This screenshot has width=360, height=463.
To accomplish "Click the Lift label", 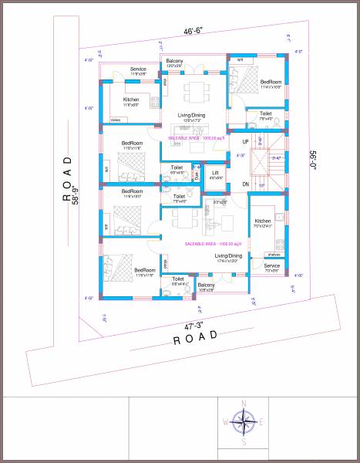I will coord(215,172).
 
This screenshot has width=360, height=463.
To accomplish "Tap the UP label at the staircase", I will coord(246,142).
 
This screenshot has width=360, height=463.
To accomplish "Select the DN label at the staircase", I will coord(246,184).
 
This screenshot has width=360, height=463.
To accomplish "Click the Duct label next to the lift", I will coord(197,175).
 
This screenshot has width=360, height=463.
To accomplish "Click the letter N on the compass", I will coord(244,404).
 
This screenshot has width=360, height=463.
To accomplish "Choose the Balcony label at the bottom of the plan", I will coord(206,285).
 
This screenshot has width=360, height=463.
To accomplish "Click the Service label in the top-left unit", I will coord(138,69).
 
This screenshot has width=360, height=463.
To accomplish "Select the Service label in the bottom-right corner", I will coord(272,265).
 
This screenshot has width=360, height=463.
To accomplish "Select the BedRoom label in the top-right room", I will coord(270,82).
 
